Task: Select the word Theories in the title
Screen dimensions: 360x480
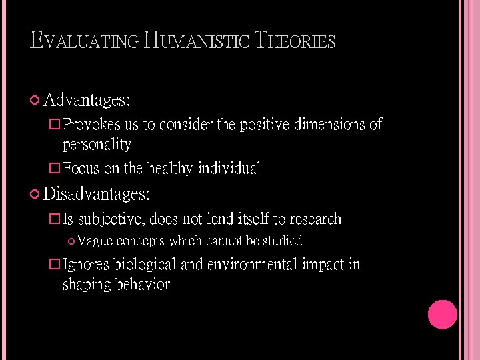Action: tap(292, 41)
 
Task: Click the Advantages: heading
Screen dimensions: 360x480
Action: tap(87, 101)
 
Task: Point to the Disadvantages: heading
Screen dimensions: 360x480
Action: tap(97, 194)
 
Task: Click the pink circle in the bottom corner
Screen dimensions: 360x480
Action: tap(442, 315)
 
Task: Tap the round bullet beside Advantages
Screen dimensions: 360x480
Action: tap(35, 101)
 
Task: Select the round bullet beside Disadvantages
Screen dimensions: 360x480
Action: tap(35, 194)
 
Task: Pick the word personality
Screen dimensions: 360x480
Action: tap(97, 145)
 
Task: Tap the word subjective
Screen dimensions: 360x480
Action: tap(111, 219)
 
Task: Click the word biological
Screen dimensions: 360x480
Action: tap(145, 265)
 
